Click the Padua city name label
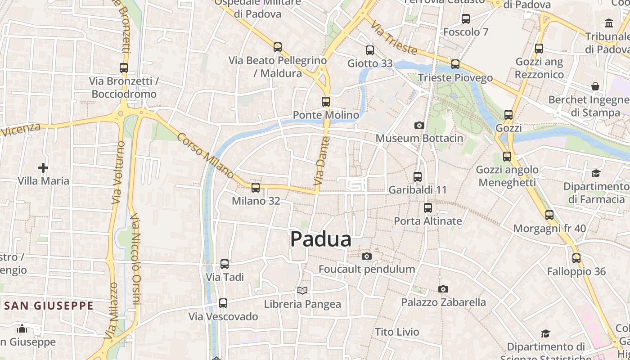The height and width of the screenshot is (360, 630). (320, 239)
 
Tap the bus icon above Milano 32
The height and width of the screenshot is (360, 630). (256, 187)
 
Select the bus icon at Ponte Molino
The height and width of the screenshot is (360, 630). (326, 102)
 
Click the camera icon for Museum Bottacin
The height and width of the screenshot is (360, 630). (419, 125)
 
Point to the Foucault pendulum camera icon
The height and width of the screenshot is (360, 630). (367, 256)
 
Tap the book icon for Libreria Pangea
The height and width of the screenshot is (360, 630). (302, 291)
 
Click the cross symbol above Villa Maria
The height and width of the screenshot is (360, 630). (43, 168)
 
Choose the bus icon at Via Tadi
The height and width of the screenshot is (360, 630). (225, 264)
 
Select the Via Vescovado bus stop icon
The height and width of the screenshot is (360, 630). (223, 303)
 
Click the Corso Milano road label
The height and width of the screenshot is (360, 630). (206, 156)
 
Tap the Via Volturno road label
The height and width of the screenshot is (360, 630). (118, 172)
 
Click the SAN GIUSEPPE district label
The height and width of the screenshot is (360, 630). (49, 306)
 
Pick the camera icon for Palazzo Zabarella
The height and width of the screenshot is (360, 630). (443, 289)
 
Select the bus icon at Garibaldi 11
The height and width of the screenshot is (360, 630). (418, 177)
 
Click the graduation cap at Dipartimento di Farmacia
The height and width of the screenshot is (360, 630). (596, 173)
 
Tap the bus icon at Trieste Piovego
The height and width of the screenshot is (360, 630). (455, 64)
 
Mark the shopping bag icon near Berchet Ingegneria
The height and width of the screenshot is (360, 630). (595, 86)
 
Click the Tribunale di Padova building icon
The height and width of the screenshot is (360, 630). (609, 23)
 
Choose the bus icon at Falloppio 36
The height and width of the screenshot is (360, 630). (576, 258)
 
